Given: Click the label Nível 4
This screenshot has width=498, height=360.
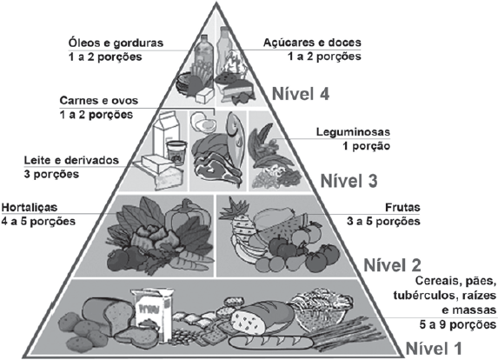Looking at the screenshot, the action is (301, 94).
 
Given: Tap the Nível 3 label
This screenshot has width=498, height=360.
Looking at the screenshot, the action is (349, 181).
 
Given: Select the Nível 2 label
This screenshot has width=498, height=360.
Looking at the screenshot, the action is (392, 264).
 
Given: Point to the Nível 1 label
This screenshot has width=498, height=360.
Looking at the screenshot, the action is (434, 348).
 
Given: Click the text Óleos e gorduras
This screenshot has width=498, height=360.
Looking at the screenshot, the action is (116, 43).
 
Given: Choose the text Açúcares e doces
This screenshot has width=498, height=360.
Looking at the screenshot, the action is (312, 43).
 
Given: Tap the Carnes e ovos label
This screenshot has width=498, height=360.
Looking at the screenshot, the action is (99, 100).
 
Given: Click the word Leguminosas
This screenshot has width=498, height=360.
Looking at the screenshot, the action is (353, 132).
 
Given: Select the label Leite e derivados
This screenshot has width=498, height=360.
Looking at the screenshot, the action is (71, 160).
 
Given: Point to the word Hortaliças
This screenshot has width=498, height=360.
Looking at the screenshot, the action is (30, 208).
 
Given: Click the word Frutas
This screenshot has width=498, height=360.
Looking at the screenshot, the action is (402, 208).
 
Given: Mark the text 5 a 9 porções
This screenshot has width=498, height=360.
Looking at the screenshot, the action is (458, 324).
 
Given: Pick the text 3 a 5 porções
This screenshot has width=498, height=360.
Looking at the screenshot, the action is (383, 221).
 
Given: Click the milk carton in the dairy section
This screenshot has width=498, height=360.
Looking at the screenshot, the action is (166, 132).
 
